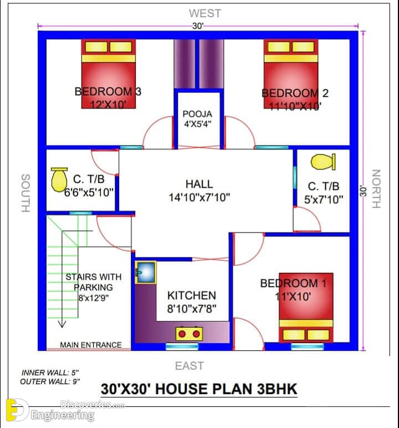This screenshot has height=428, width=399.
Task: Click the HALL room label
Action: click(199, 184)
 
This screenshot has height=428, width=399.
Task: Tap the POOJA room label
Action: click(197, 114)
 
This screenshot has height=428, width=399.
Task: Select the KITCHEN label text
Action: click(192, 296)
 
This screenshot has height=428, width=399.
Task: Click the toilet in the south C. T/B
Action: click(59, 179)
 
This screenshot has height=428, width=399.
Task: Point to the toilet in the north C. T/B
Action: click(323, 162)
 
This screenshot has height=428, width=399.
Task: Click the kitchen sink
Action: click(146, 272)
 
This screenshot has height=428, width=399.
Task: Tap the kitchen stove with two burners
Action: click(189, 333)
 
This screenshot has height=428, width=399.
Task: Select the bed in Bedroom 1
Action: click(306, 307)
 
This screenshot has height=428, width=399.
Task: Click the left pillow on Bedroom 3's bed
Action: click(96, 47)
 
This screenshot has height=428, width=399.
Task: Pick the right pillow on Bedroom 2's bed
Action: click(303, 47)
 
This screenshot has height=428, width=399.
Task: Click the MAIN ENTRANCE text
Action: click(91, 345)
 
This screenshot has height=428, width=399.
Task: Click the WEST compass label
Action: click(204, 13)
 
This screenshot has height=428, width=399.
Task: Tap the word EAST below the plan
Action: click(190, 366)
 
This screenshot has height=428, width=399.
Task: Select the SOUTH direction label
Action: click(25, 193)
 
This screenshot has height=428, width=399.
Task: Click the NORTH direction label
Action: click(376, 189)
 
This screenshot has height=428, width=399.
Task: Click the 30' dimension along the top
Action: click(198, 26)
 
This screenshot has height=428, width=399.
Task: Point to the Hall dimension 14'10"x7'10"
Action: click(199, 197)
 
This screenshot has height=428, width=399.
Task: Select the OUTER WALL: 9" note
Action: click(50, 381)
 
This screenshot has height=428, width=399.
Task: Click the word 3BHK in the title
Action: click(277, 389)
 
